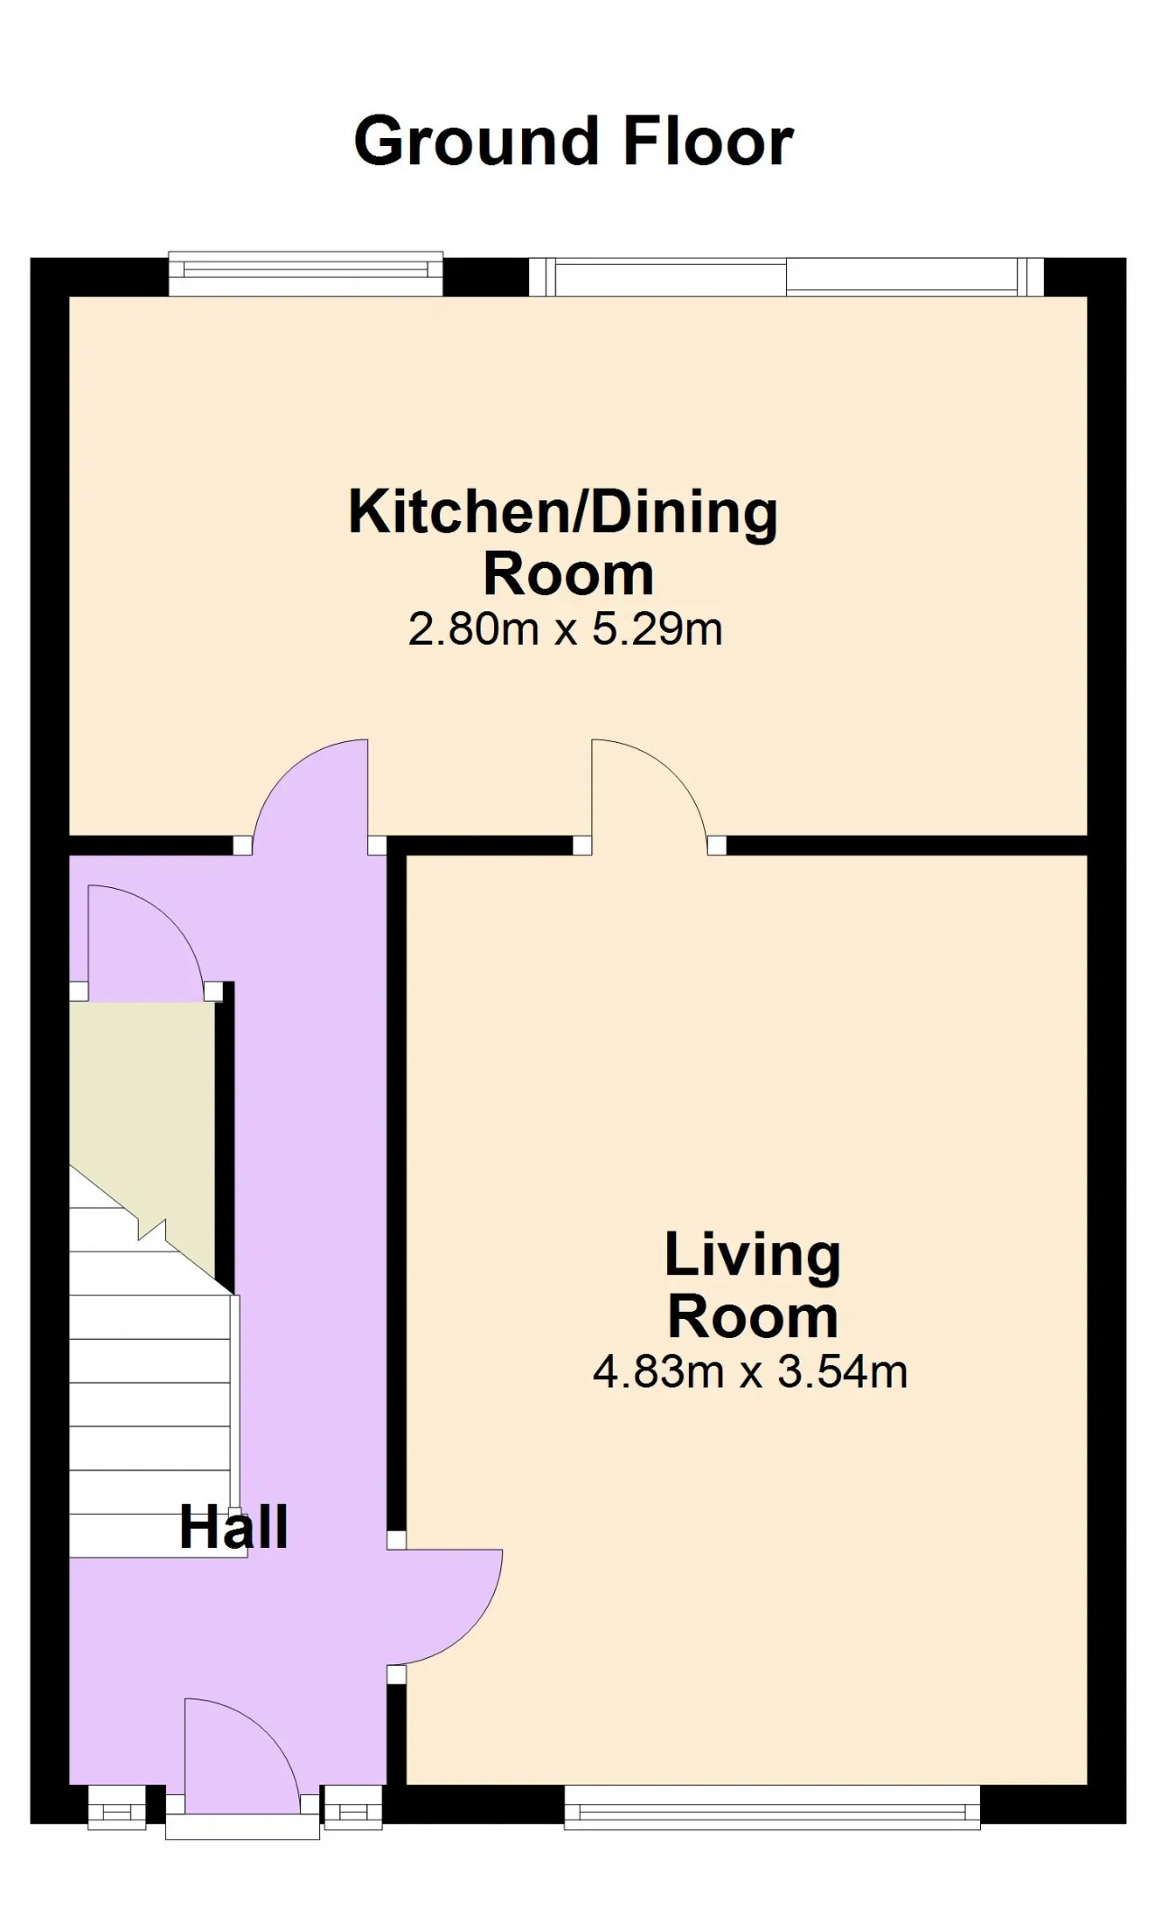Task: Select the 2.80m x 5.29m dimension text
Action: click(565, 629)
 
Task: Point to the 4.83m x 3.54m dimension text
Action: click(750, 1372)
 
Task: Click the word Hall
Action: click(234, 1527)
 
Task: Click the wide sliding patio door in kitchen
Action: click(786, 277)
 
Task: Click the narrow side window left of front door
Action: click(116, 1807)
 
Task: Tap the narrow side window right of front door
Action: click(353, 1807)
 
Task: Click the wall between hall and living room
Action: click(396, 1199)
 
